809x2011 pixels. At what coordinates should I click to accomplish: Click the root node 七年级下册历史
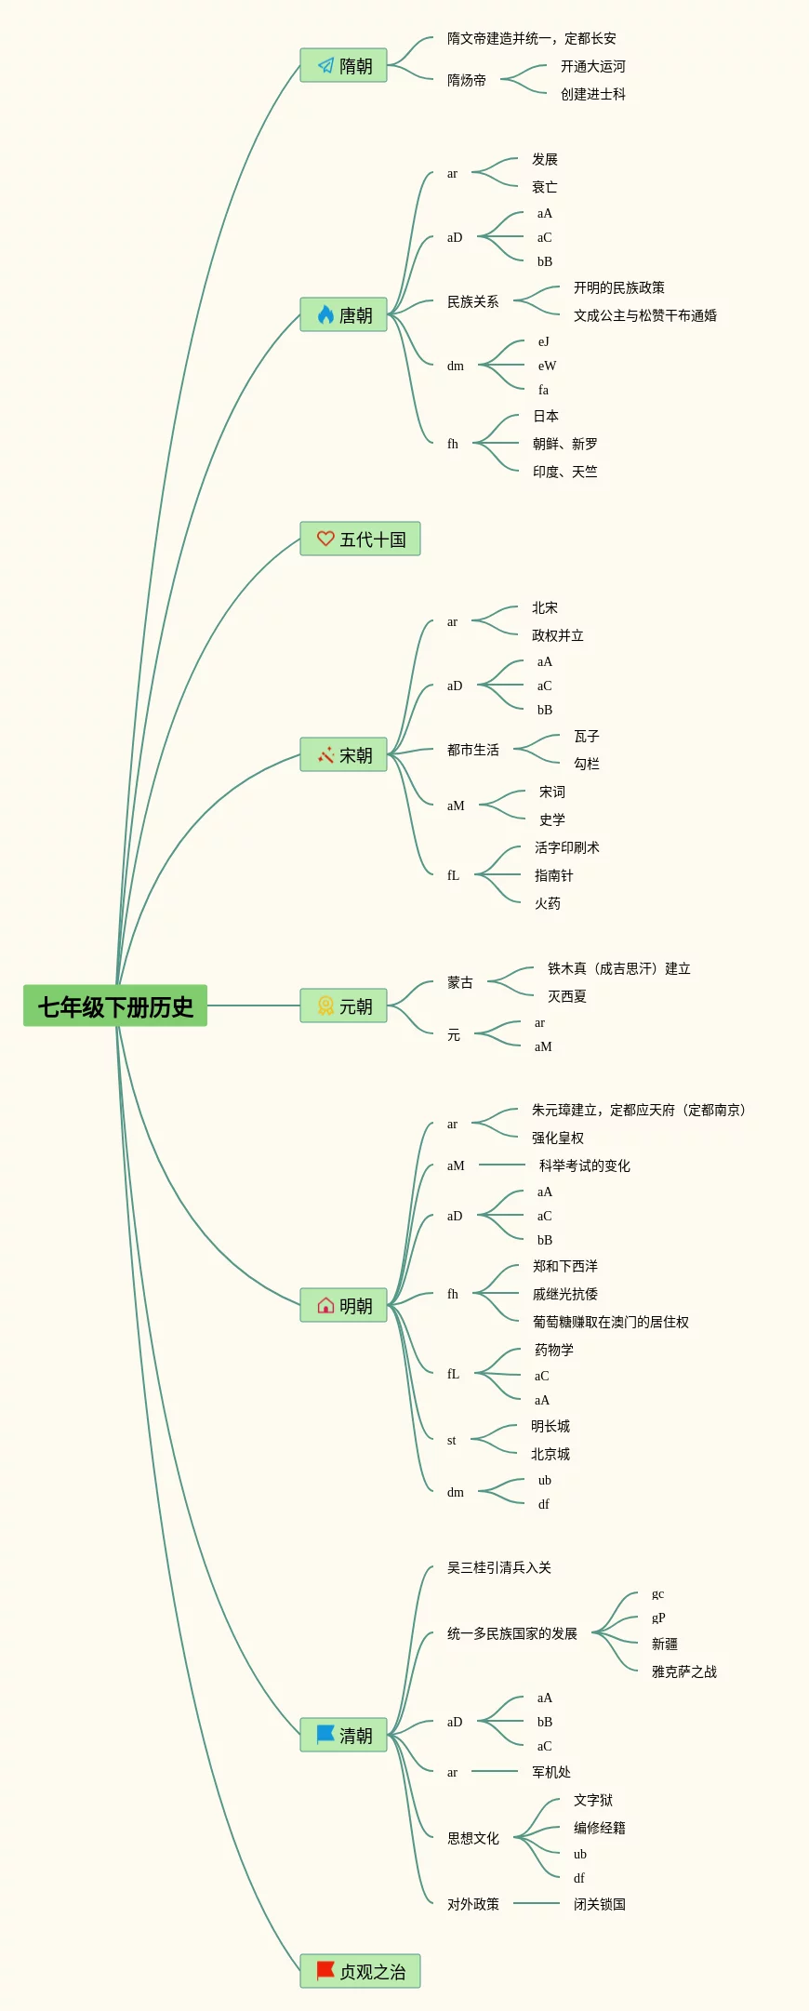115,1005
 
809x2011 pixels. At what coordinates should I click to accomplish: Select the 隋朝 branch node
343,65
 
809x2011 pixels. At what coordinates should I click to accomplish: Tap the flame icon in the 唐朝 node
325,314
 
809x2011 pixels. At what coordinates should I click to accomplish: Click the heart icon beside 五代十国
325,539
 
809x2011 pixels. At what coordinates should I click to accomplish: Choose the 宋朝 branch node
343,754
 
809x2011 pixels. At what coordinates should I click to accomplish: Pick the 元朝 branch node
343,1005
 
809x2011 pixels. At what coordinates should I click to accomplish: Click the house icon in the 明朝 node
325,1305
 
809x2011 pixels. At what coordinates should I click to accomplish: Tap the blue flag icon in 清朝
325,1735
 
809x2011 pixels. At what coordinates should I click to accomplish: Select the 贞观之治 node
360,1971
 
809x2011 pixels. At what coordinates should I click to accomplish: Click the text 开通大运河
592,66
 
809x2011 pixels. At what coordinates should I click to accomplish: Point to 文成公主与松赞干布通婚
644,315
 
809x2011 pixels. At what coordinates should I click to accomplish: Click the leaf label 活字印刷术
566,847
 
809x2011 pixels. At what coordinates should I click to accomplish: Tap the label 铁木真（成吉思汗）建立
618,968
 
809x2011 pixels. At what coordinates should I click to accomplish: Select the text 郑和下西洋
564,1266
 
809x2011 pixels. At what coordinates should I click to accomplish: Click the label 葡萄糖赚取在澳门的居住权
610,1322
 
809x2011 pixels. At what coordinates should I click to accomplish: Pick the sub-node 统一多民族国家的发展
511,1633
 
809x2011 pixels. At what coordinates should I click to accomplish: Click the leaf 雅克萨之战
683,1671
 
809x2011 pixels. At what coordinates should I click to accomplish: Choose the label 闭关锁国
599,1904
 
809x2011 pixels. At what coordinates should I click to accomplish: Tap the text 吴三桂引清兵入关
498,1567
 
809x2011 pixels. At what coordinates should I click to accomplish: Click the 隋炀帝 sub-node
466,80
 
